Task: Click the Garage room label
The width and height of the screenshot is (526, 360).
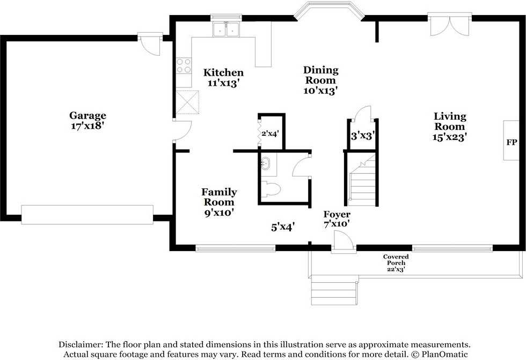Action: (x=87, y=115)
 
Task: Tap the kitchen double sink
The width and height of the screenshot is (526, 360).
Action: (x=226, y=29)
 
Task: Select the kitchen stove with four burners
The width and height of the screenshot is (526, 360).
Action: (x=184, y=65)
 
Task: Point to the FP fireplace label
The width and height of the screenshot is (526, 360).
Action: (x=511, y=142)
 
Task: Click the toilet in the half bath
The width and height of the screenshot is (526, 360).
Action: (x=271, y=189)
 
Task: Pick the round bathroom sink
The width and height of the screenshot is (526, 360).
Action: (x=266, y=163)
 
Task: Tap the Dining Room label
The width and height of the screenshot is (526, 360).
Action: (x=321, y=75)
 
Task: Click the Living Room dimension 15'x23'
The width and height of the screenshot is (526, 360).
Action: (x=450, y=137)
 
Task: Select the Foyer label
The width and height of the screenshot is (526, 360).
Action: (x=337, y=214)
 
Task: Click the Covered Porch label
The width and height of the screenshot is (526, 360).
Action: (x=396, y=260)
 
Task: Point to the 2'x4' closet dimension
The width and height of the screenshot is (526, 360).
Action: (x=270, y=134)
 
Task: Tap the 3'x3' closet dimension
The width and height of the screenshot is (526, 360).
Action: (x=363, y=136)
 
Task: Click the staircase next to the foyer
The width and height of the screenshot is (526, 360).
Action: (x=362, y=180)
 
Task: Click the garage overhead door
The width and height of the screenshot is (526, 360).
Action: (x=87, y=215)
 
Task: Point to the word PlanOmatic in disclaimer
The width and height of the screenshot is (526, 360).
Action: (x=444, y=354)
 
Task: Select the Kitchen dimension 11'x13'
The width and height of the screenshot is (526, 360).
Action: (x=223, y=83)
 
